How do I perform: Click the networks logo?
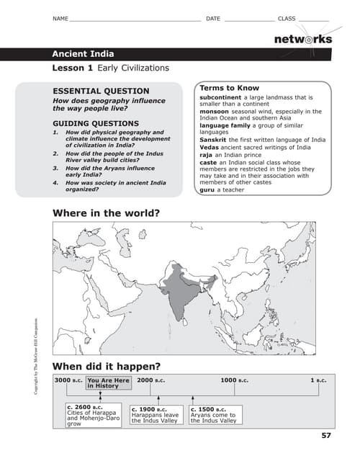point(302,39)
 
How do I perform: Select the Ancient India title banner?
point(83,54)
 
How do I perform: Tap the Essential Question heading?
point(102,91)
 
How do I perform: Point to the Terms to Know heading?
point(229,88)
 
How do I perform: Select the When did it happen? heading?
point(107,365)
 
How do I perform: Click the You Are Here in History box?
point(108,382)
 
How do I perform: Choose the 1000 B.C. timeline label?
point(235,380)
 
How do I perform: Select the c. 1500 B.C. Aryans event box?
point(213,415)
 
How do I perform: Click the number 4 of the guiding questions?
point(55,183)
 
